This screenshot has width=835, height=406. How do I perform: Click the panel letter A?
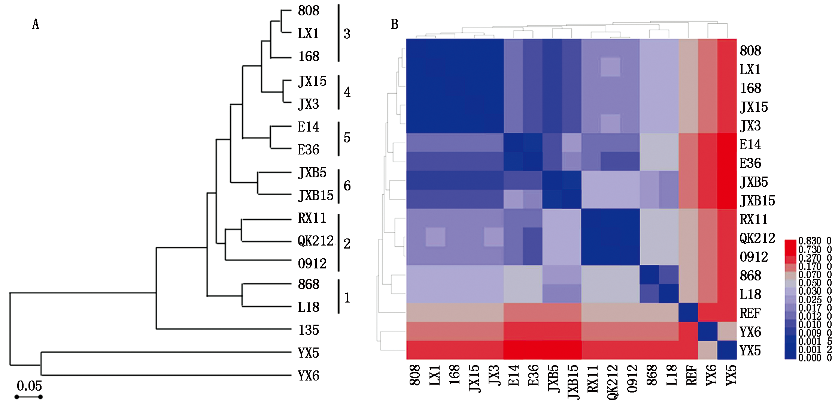(x=36, y=24)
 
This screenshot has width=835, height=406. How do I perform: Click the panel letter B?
(x=394, y=24)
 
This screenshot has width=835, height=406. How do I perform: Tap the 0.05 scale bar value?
(x=29, y=386)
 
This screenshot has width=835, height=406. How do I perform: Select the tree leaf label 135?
(x=309, y=330)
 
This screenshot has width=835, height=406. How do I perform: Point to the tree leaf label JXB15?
(x=316, y=195)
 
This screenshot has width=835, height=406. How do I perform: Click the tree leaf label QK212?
(x=316, y=241)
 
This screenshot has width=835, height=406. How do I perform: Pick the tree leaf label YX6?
(x=308, y=376)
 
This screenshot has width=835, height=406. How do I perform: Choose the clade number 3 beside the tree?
(x=347, y=34)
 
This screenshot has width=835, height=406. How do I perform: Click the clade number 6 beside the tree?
(x=347, y=186)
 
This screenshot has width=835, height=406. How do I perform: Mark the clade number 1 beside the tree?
(x=347, y=298)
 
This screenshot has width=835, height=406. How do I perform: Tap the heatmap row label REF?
(x=750, y=313)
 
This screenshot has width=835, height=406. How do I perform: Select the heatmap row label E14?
(x=750, y=144)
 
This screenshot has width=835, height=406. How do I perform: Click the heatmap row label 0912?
(x=754, y=257)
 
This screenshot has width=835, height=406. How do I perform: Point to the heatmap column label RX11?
(x=592, y=379)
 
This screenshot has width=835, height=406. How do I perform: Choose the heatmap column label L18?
(x=671, y=375)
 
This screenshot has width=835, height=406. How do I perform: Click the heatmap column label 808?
(x=415, y=375)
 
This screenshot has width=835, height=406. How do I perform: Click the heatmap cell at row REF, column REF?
(x=688, y=312)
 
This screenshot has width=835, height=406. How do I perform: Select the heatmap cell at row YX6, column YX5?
(x=727, y=331)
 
